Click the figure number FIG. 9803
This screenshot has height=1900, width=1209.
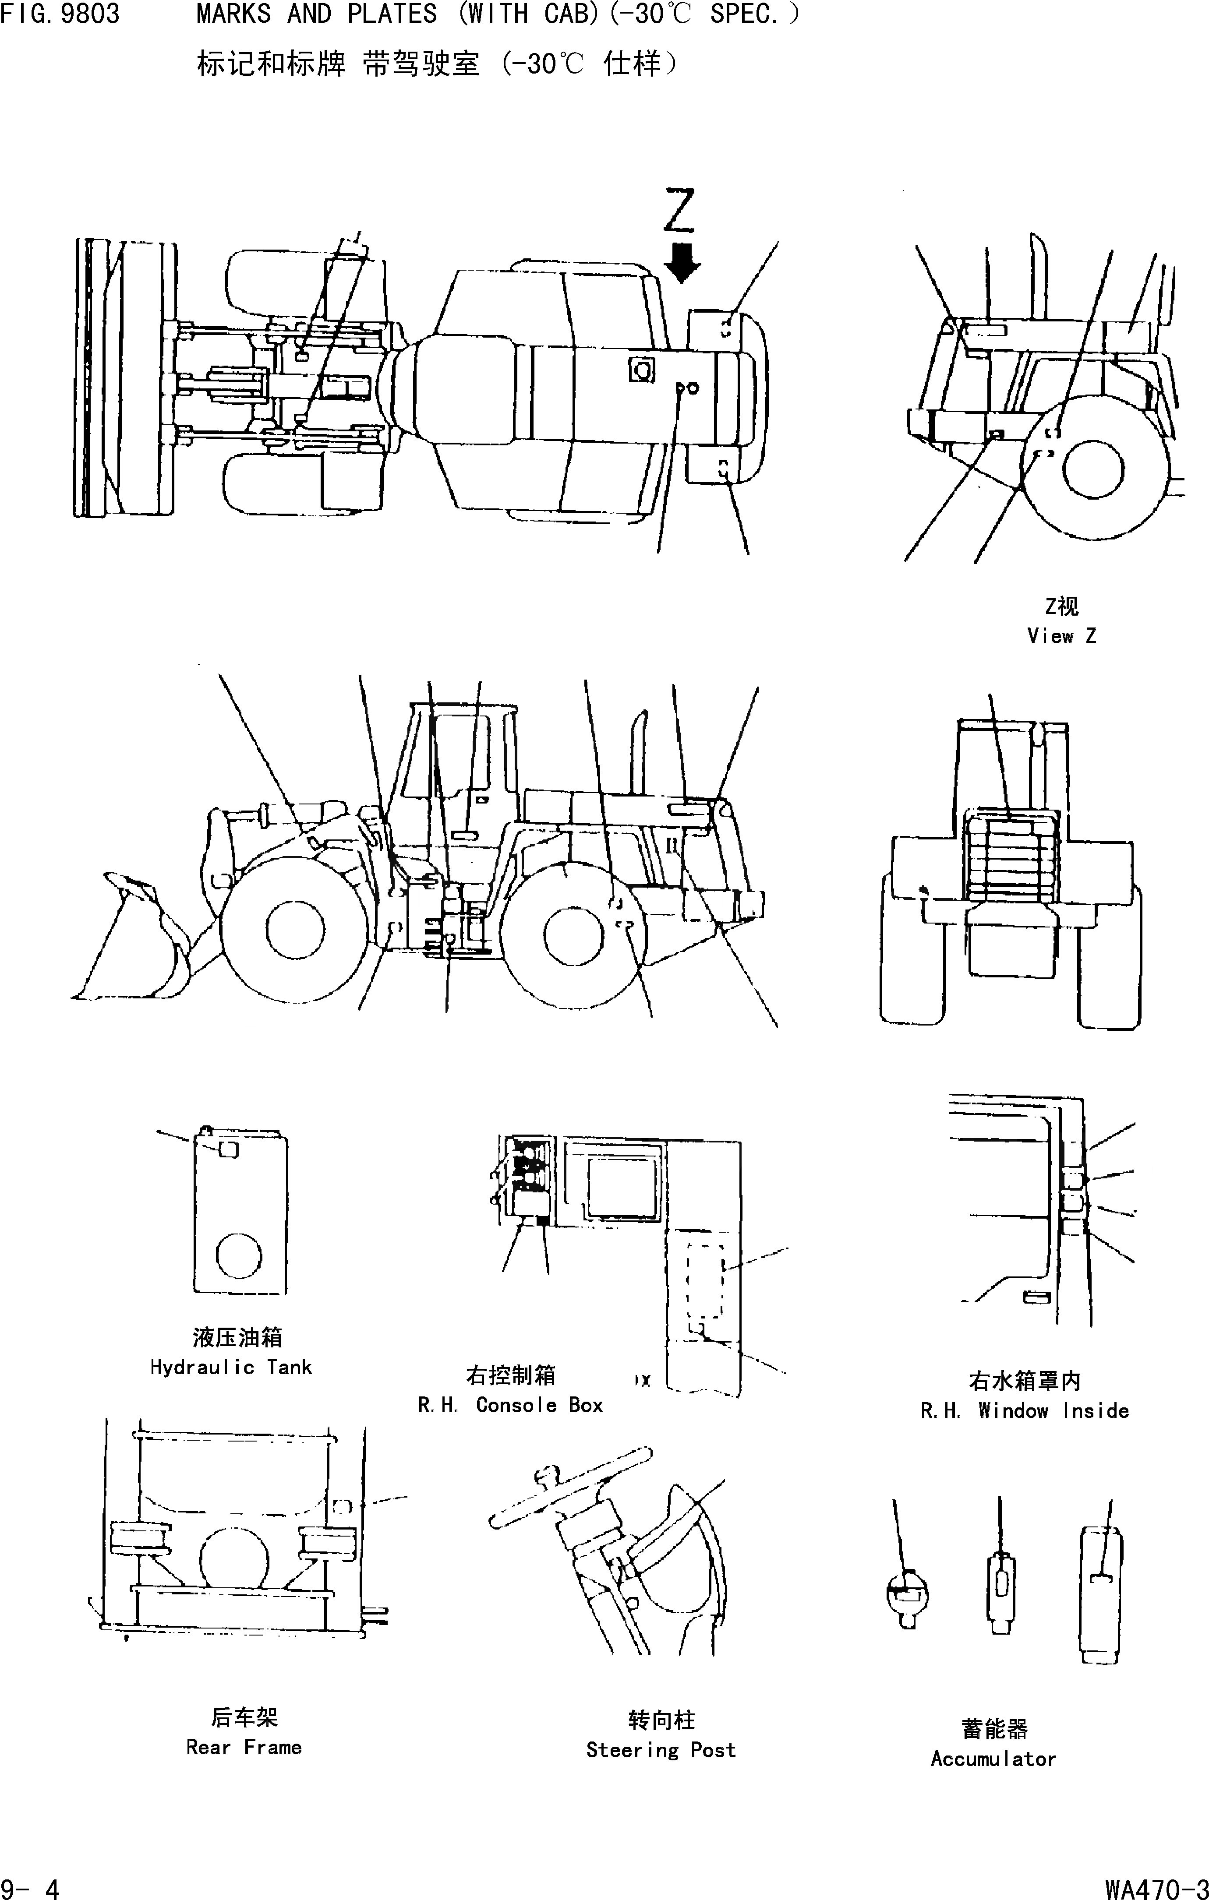click(x=60, y=14)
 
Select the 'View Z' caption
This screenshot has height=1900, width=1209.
click(x=1061, y=636)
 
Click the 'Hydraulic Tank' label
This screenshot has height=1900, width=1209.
click(x=231, y=1368)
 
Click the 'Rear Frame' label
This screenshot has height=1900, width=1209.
click(x=244, y=1747)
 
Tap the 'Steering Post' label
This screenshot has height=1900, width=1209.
click(x=661, y=1750)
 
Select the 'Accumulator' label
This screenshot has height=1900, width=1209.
click(x=993, y=1759)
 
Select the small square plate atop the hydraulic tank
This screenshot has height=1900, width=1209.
click(x=228, y=1149)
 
